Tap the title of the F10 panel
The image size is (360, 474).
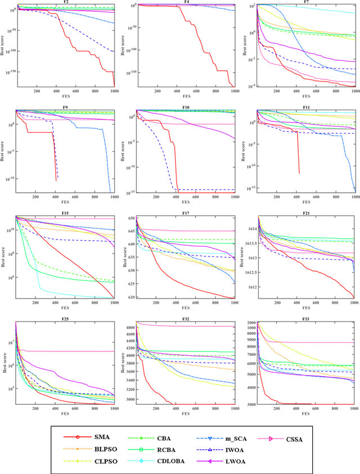(186, 107)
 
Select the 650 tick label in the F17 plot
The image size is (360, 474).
(131, 218)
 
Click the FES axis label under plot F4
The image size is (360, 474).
(186, 95)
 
